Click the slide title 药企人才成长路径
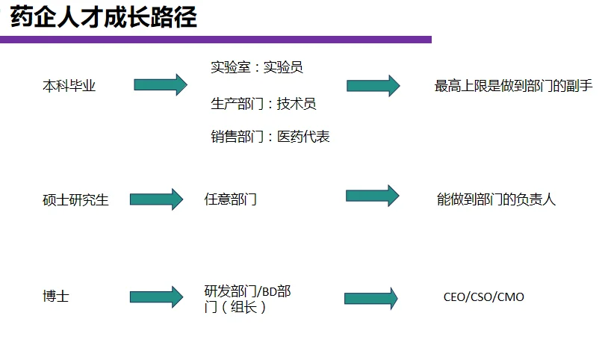click(x=104, y=16)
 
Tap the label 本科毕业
click(x=69, y=86)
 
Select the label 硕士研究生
click(x=75, y=200)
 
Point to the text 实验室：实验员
click(x=256, y=68)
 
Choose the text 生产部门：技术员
click(x=263, y=105)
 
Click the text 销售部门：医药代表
click(x=270, y=137)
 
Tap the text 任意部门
click(x=230, y=199)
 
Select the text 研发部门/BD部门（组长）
click(x=246, y=299)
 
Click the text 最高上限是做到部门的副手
click(x=513, y=86)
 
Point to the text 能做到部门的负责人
click(x=496, y=199)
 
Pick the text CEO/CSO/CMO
click(x=483, y=297)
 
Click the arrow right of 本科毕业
click(x=160, y=85)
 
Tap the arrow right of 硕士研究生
click(x=156, y=199)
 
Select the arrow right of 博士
click(x=156, y=297)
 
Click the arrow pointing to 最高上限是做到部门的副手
click(x=373, y=86)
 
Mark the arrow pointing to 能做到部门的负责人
click(x=372, y=196)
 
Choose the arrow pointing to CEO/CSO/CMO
click(x=370, y=299)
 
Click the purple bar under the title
click(x=216, y=40)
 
